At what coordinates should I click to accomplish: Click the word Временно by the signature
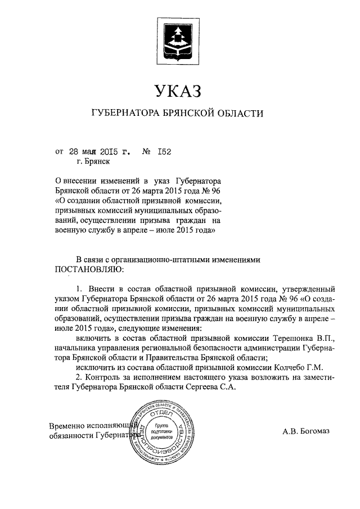[x=67, y=426]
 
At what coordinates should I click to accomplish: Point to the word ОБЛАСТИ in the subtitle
[x=238, y=114]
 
